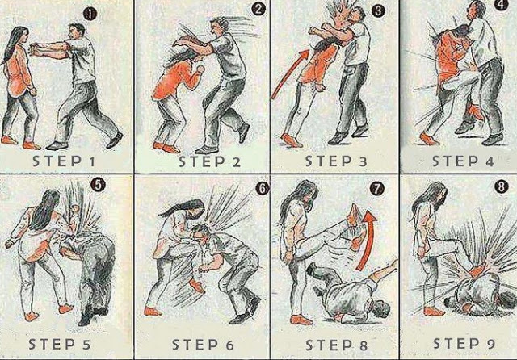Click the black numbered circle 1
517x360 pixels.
pyautogui.click(x=90, y=15)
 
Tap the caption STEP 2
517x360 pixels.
pyautogui.click(x=209, y=161)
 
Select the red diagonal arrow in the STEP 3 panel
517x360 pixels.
pyautogui.click(x=289, y=74)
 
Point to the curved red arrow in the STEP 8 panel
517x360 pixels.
pyautogui.click(x=367, y=240)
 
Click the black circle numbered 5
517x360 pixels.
pyautogui.click(x=98, y=185)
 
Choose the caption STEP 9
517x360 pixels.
pyautogui.click(x=464, y=344)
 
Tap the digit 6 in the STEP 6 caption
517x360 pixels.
pyautogui.click(x=229, y=345)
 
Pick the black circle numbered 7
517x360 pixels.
pyautogui.click(x=377, y=189)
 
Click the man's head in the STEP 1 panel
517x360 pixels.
pyautogui.click(x=78, y=32)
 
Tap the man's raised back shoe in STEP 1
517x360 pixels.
pyautogui.click(x=115, y=140)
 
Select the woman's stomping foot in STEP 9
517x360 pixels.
pyautogui.click(x=476, y=272)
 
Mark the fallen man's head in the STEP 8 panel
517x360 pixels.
pyautogui.click(x=381, y=310)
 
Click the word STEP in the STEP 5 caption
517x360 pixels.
pyautogui.click(x=52, y=344)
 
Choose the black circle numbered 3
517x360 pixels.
pyautogui.click(x=378, y=11)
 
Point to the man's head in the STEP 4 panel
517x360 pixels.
pyautogui.click(x=477, y=10)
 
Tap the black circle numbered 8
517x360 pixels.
pyautogui.click(x=501, y=187)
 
